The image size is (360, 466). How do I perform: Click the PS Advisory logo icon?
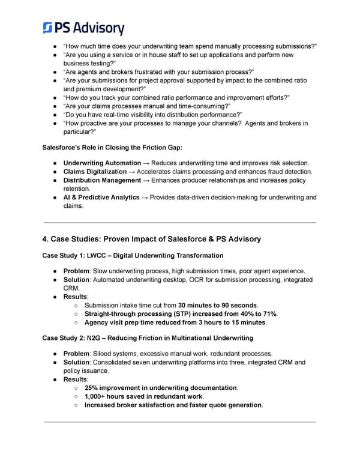tap(49, 27)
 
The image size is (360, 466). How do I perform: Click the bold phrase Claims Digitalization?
tap(95, 172)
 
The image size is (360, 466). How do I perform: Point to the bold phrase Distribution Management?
tap(102, 180)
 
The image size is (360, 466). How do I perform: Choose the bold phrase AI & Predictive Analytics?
tap(101, 197)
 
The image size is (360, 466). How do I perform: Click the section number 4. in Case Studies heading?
tap(46, 239)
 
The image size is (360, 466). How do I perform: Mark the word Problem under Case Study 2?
tap(77, 354)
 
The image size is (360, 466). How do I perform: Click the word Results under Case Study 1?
tap(76, 297)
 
